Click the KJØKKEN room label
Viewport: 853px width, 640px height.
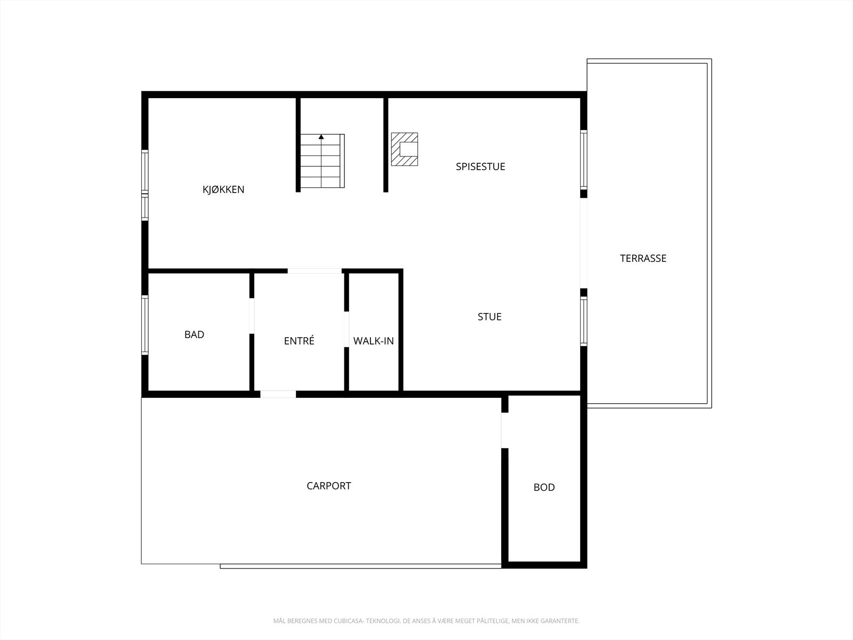click(223, 189)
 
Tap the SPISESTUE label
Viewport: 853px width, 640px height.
click(480, 166)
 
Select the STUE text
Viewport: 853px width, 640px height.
click(489, 317)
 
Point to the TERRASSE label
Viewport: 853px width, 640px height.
click(643, 258)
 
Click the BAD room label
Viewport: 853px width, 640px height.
click(194, 334)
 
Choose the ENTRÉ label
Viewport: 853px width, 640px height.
click(299, 341)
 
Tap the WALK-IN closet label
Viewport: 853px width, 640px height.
click(373, 341)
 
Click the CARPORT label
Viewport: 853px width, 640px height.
click(328, 486)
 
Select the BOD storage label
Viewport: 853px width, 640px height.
click(544, 487)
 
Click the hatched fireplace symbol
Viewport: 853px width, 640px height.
click(405, 149)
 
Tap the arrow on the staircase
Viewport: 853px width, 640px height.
click(321, 137)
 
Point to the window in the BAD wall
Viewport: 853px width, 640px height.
click(144, 324)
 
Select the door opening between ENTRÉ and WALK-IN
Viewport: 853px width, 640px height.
click(346, 329)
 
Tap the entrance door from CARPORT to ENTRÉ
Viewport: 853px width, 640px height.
click(278, 394)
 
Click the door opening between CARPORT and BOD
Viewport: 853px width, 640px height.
click(504, 430)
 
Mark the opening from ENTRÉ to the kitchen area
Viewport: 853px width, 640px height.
click(315, 271)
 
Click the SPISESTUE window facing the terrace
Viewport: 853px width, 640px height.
click(584, 159)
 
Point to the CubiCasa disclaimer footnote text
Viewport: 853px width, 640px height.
click(426, 621)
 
